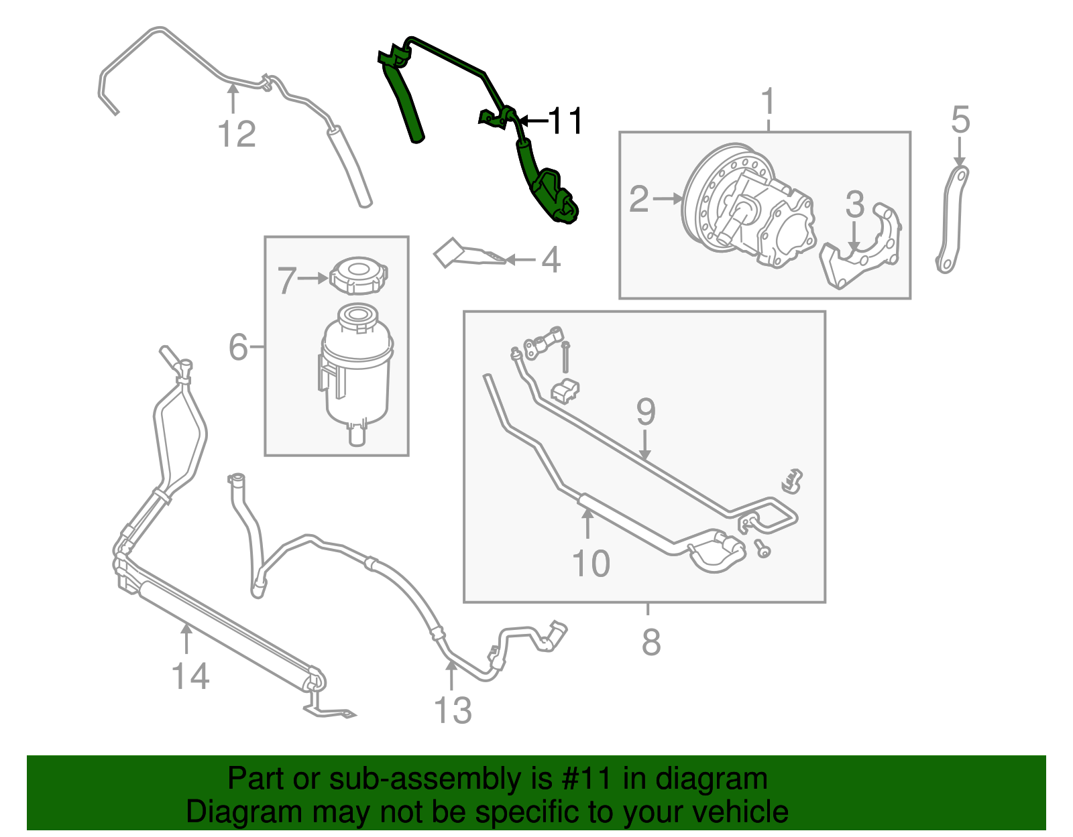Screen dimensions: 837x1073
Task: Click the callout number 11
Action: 565,121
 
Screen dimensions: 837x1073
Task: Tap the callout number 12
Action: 237,135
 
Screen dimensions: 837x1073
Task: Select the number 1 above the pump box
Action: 768,103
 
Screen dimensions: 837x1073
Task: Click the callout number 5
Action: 960,121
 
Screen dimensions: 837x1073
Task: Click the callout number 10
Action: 591,564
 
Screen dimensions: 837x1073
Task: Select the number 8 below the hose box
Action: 651,642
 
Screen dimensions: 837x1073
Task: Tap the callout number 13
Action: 453,711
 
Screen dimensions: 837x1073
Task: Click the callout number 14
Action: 190,677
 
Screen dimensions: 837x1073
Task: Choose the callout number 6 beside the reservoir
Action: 239,347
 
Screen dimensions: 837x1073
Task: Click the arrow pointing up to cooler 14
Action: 186,637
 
